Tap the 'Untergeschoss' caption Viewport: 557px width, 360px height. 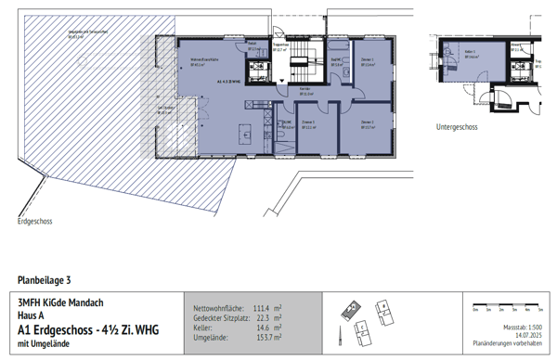click(x=460, y=126)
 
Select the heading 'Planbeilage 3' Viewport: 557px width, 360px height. click(x=44, y=279)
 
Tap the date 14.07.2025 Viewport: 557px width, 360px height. click(x=521, y=335)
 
